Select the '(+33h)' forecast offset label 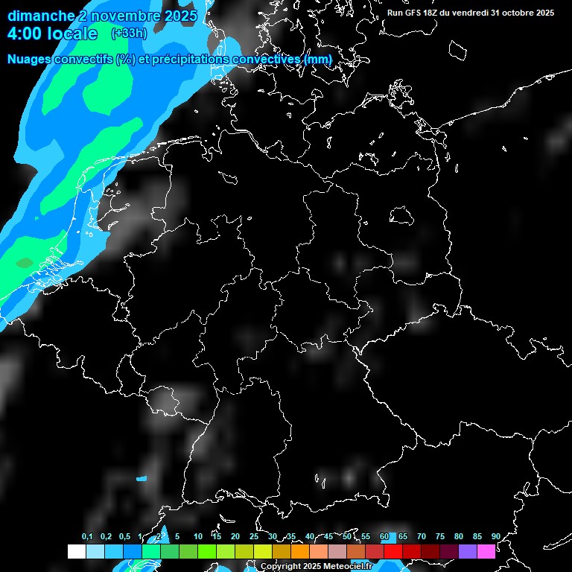click(128, 34)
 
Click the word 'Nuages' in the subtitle click(30, 59)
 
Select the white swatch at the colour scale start click(76, 551)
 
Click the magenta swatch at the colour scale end click(486, 551)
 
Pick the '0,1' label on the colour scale click(87, 537)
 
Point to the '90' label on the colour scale click(495, 537)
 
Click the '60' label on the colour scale click(384, 537)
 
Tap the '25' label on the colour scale click(254, 537)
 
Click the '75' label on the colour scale click(439, 537)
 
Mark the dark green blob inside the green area click(25, 262)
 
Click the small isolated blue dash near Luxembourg click(142, 479)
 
